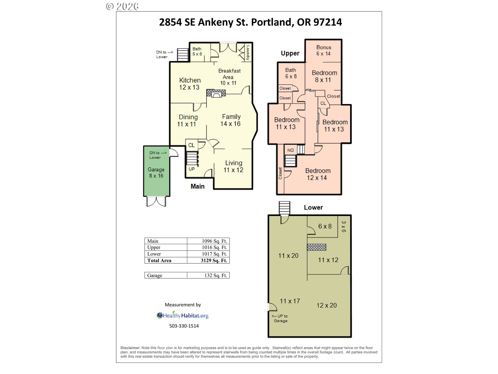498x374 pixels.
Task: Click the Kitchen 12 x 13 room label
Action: point(190,84)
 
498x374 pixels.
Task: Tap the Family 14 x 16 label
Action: point(231,120)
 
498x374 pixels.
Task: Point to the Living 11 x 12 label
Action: point(233,166)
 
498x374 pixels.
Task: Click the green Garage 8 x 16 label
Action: point(156,172)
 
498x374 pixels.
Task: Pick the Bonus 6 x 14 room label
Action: point(323,50)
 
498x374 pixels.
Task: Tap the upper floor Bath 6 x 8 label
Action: point(291,73)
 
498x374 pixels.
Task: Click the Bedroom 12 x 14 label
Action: point(317,174)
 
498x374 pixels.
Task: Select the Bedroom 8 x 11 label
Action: point(324,76)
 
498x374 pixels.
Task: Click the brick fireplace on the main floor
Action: point(216,93)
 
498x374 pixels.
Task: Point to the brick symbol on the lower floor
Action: point(316,247)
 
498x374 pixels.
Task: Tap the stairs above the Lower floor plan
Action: point(284,208)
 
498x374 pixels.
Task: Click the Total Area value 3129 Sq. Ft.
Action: point(214,261)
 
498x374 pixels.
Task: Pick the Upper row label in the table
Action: point(154,247)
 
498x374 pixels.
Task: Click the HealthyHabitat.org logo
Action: point(183,315)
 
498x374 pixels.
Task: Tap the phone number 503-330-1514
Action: point(184,326)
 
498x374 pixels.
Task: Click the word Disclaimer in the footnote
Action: point(130,348)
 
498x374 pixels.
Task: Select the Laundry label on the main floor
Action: point(248,53)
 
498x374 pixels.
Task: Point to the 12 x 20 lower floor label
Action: point(327,305)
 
